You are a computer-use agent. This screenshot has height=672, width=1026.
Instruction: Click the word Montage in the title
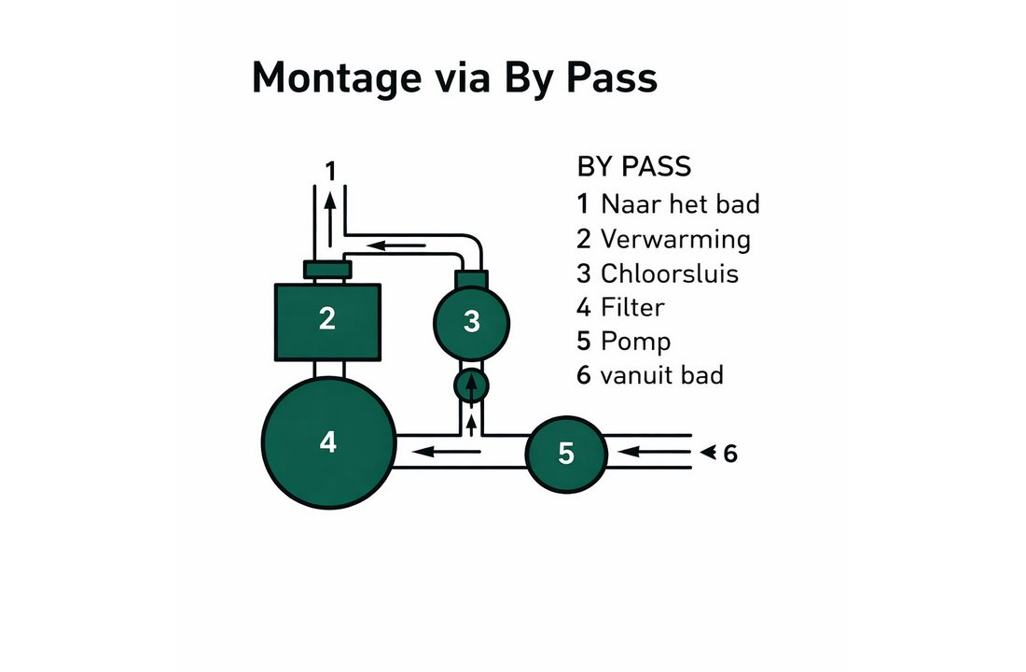tap(337, 78)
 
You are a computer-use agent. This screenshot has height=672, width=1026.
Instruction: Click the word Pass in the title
tap(611, 77)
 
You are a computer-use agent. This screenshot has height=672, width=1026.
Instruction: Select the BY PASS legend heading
tap(633, 166)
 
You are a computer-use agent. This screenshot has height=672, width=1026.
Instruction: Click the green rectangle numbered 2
tap(327, 322)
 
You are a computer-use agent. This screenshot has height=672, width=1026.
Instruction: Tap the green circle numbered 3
tap(471, 322)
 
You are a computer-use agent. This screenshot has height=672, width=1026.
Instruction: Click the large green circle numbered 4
tap(328, 442)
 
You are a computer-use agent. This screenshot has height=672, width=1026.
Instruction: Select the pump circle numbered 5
tap(567, 454)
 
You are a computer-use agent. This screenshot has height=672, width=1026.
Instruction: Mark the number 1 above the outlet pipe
tap(331, 172)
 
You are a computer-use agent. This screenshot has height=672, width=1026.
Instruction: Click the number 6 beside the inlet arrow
tap(730, 454)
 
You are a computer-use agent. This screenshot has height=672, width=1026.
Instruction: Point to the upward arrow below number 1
tap(330, 218)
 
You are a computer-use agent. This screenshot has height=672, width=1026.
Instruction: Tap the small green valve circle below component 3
tap(471, 385)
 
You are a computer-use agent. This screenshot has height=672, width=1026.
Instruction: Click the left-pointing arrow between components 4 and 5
tap(446, 452)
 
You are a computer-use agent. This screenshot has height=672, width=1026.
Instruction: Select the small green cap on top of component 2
tap(327, 269)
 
